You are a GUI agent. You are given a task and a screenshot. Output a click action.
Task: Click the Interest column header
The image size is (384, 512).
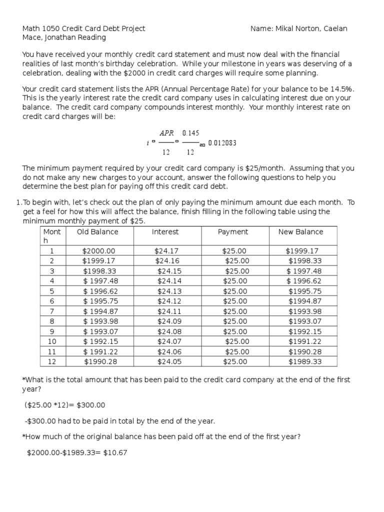(165, 231)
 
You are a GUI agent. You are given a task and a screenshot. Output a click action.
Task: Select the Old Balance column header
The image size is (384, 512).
(97, 231)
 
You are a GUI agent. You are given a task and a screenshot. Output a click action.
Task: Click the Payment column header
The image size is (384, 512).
(232, 231)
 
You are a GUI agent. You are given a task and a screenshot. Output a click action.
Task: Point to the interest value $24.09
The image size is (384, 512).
(166, 321)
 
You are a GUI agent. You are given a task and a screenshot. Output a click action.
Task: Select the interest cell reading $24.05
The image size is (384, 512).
(166, 361)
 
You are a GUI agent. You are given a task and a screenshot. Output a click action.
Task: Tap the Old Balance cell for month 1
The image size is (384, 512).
(98, 251)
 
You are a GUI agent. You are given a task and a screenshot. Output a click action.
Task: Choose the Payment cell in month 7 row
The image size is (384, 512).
(234, 311)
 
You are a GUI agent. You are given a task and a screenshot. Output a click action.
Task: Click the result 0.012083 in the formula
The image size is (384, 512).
(222, 142)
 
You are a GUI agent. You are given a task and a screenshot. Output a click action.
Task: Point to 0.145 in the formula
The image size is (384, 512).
(190, 133)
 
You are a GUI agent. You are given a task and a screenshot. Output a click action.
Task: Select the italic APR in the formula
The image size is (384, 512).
(166, 133)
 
